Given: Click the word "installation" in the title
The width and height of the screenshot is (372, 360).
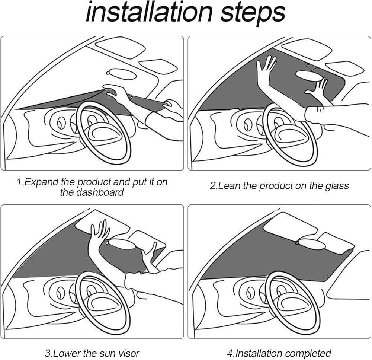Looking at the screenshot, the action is click(149, 12).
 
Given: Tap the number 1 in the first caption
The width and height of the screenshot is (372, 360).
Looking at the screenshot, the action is click(20, 182).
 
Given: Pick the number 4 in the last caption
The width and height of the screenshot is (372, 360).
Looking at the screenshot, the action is click(230, 354).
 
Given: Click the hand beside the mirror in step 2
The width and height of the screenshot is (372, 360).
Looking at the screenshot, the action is click(316, 89).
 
